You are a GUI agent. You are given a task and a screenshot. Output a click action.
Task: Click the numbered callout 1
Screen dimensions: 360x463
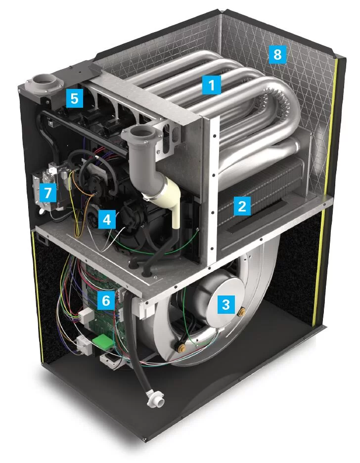pyautogui.click(x=212, y=85)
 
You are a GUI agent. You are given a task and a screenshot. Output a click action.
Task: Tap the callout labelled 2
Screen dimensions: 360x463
pyautogui.click(x=242, y=206)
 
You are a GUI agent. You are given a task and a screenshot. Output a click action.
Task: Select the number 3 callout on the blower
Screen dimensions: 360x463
pyautogui.click(x=226, y=304)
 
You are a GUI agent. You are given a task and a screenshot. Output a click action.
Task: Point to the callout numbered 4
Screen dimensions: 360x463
pyautogui.click(x=106, y=219)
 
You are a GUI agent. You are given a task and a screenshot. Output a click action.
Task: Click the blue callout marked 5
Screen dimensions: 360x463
pyautogui.click(x=75, y=98)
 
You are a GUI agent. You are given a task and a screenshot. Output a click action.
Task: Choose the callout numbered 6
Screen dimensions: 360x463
pyautogui.click(x=106, y=300)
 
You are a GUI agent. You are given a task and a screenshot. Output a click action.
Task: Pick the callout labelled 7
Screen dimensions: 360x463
pyautogui.click(x=47, y=193)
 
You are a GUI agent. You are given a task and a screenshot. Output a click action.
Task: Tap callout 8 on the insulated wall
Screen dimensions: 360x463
pyautogui.click(x=277, y=54)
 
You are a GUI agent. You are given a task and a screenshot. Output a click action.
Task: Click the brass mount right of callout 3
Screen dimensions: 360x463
pyautogui.click(x=243, y=311)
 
